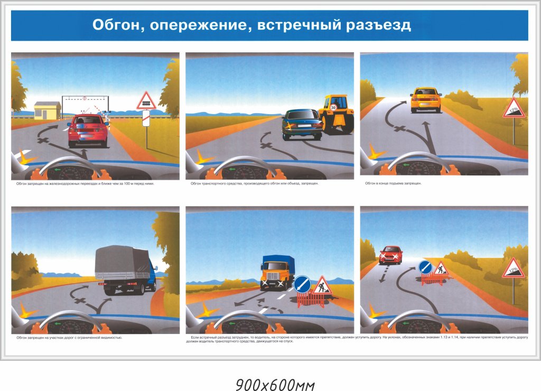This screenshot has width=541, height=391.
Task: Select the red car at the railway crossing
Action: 88,131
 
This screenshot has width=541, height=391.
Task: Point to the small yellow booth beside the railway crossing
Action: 47,110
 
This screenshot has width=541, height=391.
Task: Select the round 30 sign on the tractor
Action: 333,107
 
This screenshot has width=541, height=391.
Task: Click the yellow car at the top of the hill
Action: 426,99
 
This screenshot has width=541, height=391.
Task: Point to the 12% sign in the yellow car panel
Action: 514,110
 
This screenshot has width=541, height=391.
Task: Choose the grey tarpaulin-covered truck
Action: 125,269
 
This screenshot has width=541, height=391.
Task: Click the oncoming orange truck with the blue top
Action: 276,272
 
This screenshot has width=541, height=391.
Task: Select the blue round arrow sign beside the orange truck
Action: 302,284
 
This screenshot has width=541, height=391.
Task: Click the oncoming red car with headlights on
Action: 390,255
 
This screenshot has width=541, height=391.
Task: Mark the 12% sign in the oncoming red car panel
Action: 513,269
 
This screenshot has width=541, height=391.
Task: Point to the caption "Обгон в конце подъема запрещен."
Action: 396,183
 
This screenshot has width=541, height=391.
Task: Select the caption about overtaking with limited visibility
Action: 69,337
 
